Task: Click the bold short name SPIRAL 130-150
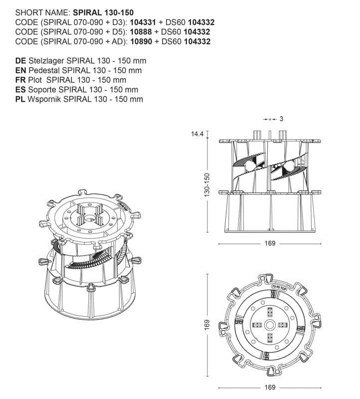(103, 12)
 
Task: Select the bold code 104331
(143, 22)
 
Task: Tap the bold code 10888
(141, 32)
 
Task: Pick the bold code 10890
(141, 41)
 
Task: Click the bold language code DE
(20, 61)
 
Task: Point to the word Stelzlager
(46, 61)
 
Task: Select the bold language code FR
(20, 80)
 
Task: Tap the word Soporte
(42, 90)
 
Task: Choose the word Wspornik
(44, 99)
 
